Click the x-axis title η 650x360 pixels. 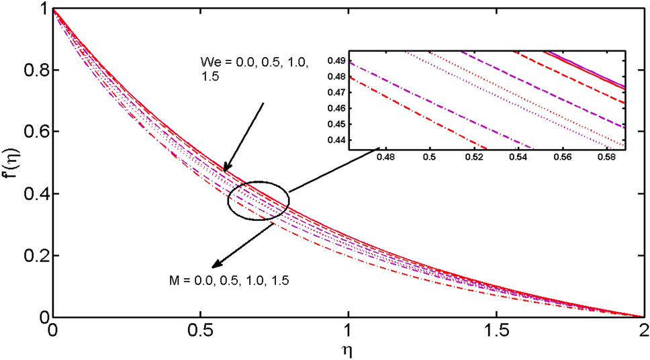pos(347,349)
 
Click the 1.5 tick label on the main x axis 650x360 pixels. pos(496,331)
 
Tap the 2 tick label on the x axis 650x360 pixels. pos(643,331)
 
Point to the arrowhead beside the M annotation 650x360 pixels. pos(212,265)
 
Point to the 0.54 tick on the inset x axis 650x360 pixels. pos(517,158)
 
